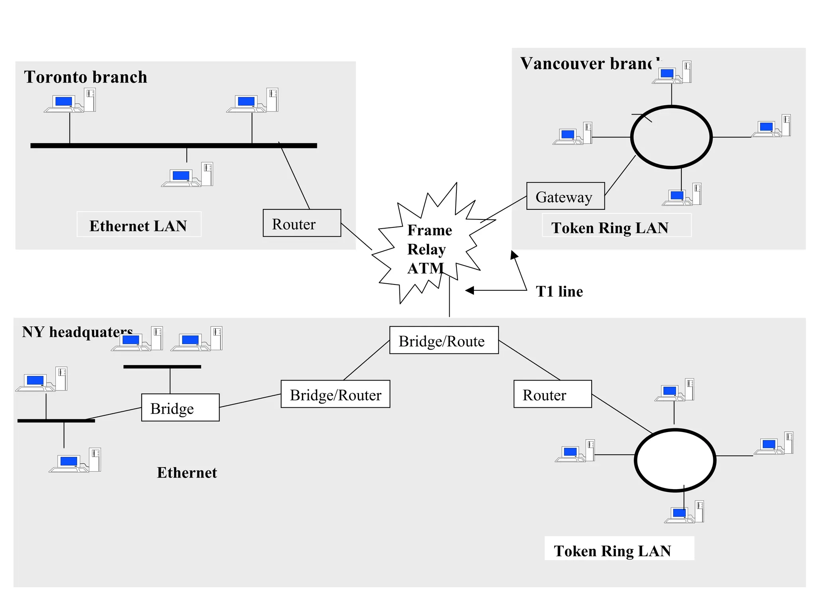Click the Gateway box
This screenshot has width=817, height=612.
click(565, 196)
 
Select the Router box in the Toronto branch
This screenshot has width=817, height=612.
click(302, 223)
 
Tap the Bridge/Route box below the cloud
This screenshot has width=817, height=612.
click(444, 340)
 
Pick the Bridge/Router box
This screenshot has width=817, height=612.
click(335, 394)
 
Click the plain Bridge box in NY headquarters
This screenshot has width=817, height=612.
click(180, 407)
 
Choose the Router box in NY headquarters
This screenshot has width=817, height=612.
click(552, 394)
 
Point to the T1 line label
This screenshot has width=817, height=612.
click(559, 291)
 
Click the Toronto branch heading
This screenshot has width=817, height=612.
click(85, 77)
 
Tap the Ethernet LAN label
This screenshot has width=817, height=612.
click(138, 225)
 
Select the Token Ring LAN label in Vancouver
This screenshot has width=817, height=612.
click(610, 227)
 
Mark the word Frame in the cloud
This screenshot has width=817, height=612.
click(429, 230)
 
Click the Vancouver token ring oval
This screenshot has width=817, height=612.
click(671, 137)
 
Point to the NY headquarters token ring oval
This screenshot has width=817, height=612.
click(675, 460)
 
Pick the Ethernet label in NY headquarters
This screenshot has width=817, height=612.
click(187, 472)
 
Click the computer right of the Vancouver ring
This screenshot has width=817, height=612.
click(771, 126)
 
